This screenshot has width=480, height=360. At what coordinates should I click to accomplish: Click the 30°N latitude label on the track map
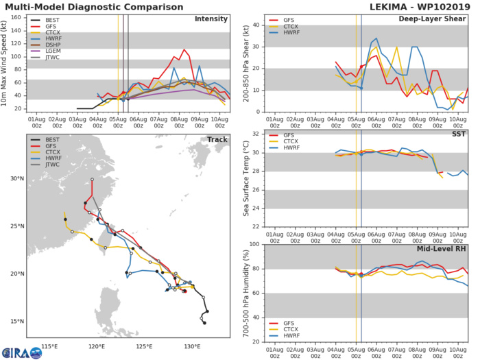[x=16, y=179]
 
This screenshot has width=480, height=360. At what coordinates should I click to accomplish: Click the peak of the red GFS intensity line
[x=184, y=49]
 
